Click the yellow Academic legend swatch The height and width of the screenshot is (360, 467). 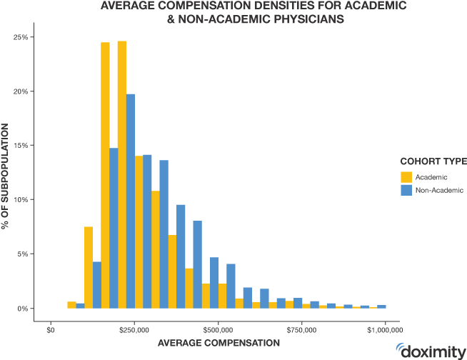coord(406,176)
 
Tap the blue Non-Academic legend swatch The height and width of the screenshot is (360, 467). coord(406,190)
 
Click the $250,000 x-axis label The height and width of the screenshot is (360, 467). coord(134,330)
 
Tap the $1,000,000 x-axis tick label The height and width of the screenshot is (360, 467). coord(386,330)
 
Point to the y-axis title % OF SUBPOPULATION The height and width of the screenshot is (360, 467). coord(6,175)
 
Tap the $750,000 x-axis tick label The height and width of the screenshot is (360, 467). coord(302,330)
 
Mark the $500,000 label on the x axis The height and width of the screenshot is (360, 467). coord(218,330)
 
